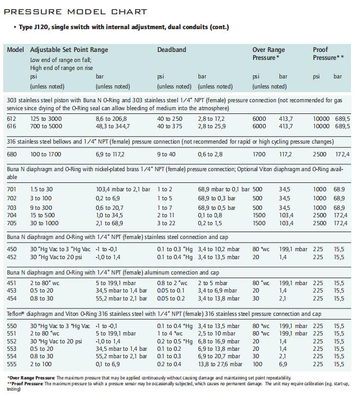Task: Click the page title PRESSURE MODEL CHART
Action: [x=76, y=12]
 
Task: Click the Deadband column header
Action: [x=172, y=50]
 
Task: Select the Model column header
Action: [x=15, y=50]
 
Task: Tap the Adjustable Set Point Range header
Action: [x=69, y=50]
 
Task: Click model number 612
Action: [x=12, y=119]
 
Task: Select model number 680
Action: [x=12, y=154]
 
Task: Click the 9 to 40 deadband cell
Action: [x=166, y=154]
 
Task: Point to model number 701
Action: [x=12, y=190]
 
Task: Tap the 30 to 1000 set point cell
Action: [x=44, y=223]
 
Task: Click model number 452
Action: [x=12, y=257]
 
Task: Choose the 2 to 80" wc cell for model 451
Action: [x=44, y=283]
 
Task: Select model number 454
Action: [x=12, y=298]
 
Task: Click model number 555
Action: [x=12, y=364]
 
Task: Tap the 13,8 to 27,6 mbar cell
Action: [x=220, y=364]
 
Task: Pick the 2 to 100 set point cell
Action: [x=41, y=364]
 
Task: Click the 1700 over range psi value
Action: [x=259, y=154]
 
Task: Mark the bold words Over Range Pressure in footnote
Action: [x=32, y=378]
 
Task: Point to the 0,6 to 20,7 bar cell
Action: [x=110, y=208]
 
